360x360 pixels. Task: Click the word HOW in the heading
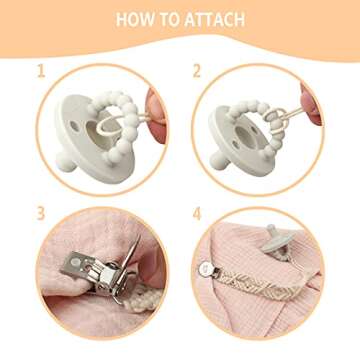[132, 20]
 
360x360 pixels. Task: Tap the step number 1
[41, 71]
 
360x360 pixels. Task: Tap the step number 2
[197, 71]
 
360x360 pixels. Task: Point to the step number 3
[41, 214]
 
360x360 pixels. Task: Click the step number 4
[197, 214]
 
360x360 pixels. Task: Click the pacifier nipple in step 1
[64, 161]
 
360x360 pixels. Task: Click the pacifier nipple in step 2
[220, 160]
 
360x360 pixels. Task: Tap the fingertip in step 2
[311, 104]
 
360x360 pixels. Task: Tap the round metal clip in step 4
[204, 269]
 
